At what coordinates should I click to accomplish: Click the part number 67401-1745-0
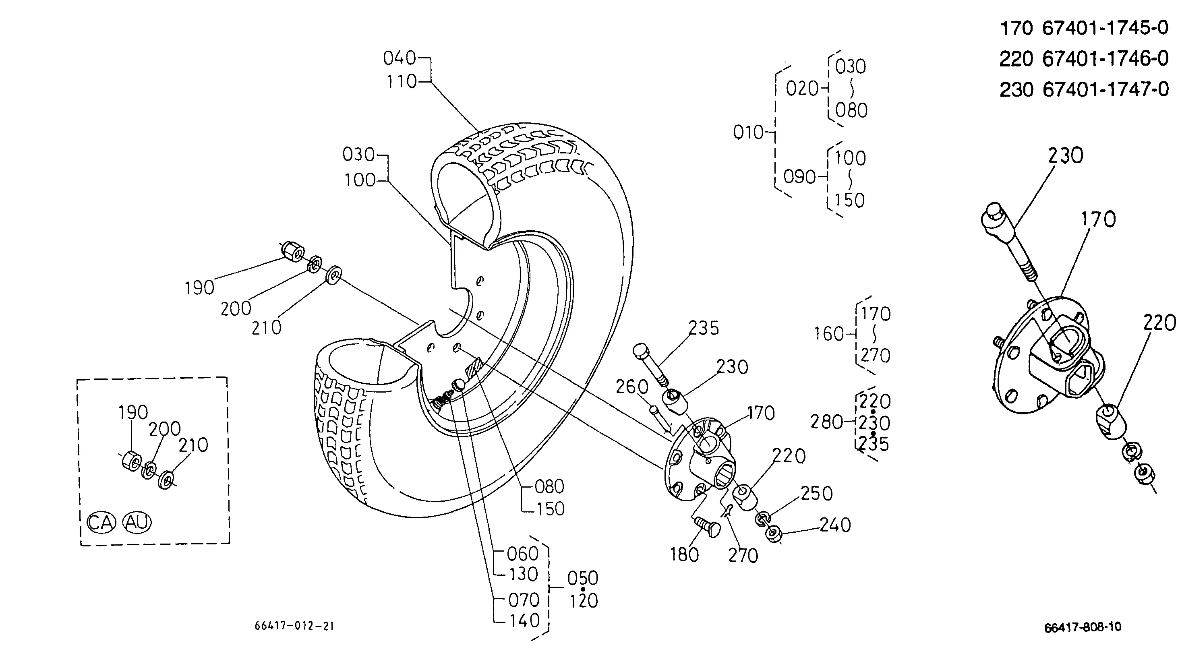pos(1105,29)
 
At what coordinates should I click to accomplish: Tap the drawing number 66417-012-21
pos(294,626)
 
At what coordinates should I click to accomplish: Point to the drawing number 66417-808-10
pos(1083,627)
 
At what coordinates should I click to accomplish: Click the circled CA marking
pos(101,522)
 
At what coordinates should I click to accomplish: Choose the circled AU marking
pos(137,522)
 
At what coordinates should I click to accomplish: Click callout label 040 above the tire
pos(400,58)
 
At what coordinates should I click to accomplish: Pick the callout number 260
pos(632,387)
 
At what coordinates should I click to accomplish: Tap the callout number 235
pos(703,328)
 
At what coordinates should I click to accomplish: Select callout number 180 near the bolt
pos(684,555)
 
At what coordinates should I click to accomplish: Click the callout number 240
pos(835,525)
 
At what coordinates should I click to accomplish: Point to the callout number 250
pos(816,494)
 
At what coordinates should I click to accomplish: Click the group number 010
pos(748,132)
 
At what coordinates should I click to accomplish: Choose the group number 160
pos(828,334)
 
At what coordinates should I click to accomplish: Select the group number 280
pos(826,422)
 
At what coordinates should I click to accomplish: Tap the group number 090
pos(799,177)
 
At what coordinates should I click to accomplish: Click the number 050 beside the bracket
pos(583,578)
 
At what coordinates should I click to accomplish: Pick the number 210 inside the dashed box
pos(193,445)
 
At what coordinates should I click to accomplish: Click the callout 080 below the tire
pos(549,486)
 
